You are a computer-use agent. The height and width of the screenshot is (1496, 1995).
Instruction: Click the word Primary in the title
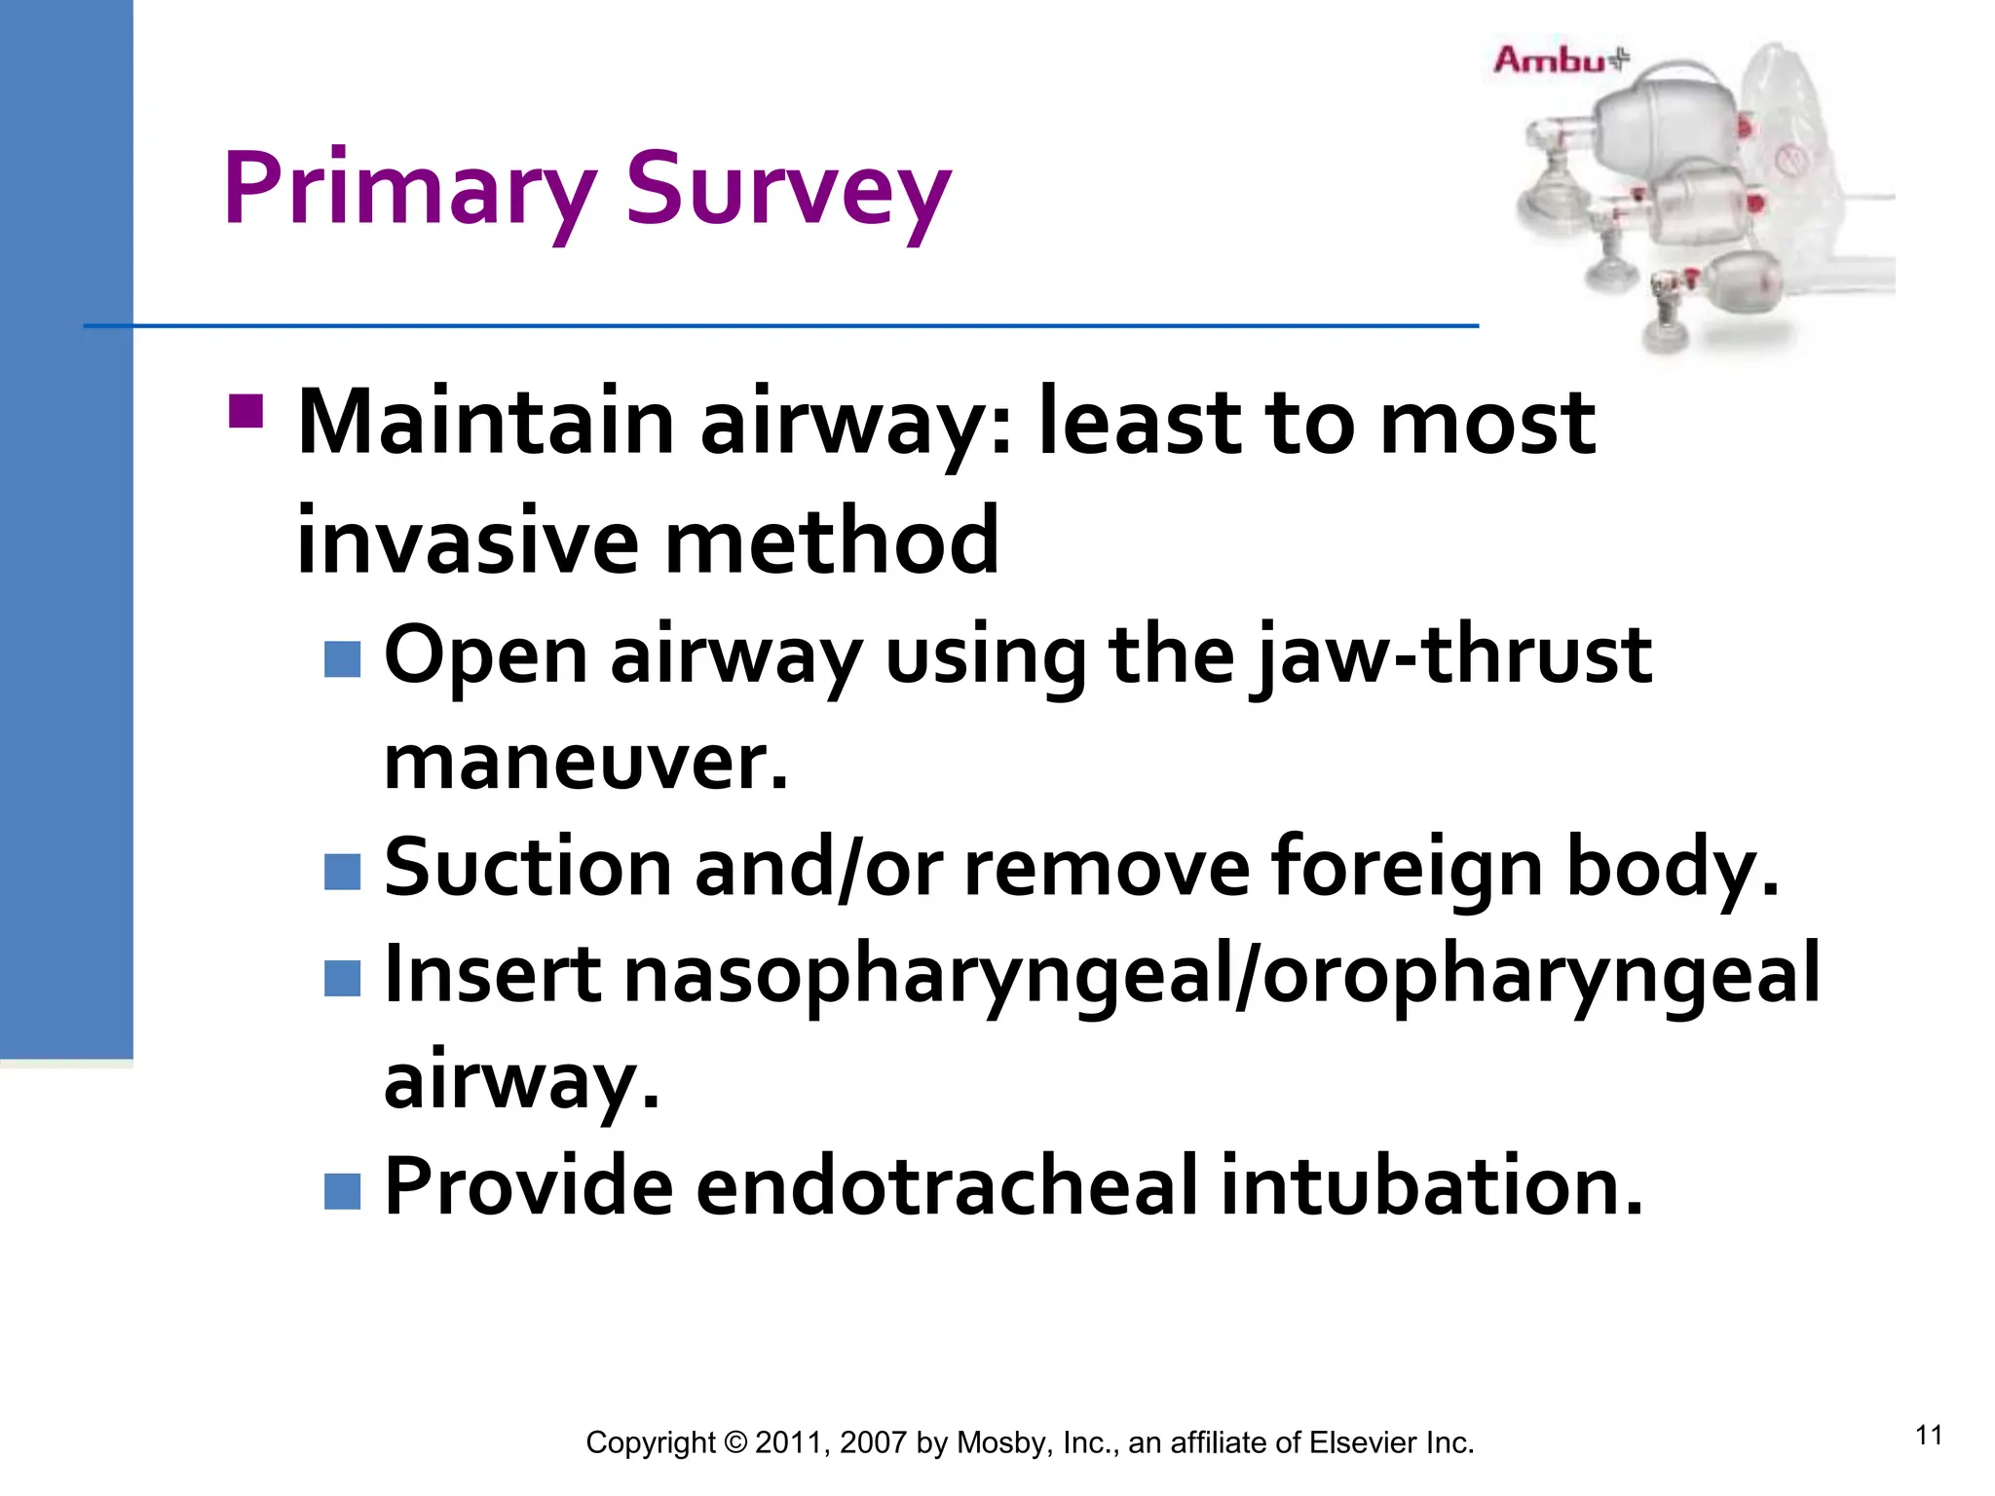point(409,190)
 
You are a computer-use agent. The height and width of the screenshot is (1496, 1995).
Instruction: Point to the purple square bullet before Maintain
point(245,411)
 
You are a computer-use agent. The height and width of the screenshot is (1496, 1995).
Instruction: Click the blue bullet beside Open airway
point(342,659)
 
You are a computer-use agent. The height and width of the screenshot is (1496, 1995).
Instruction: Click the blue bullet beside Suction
point(342,872)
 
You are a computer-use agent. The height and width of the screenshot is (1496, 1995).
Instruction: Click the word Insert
point(493,974)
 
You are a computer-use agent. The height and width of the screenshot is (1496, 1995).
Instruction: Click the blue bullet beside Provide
point(342,1190)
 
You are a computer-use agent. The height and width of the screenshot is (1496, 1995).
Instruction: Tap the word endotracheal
point(945,1186)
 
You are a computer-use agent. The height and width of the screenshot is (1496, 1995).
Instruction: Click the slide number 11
point(1928,1436)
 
